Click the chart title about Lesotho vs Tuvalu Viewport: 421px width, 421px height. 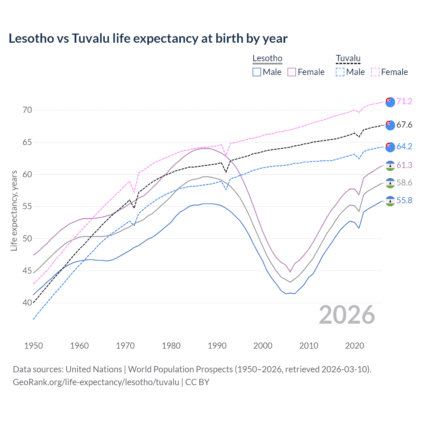pyautogui.click(x=148, y=38)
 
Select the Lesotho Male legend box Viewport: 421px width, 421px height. pyautogui.click(x=257, y=72)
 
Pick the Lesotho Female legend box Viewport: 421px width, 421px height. pyautogui.click(x=292, y=72)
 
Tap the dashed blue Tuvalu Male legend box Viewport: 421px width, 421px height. pyautogui.click(x=340, y=72)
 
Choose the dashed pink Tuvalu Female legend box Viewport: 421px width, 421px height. pyautogui.click(x=375, y=72)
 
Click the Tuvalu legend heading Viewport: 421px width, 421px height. pyautogui.click(x=348, y=58)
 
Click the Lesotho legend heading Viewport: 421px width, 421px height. pyautogui.click(x=267, y=58)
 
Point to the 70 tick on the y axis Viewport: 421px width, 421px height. pyautogui.click(x=27, y=110)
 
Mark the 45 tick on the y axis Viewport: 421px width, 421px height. pyautogui.click(x=27, y=271)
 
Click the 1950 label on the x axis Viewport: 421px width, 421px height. pyautogui.click(x=34, y=346)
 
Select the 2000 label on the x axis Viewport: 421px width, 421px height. pyautogui.click(x=263, y=346)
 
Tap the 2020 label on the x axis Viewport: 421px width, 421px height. pyautogui.click(x=355, y=346)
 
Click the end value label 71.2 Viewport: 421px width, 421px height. pyautogui.click(x=404, y=101)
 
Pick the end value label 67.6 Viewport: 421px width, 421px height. pyautogui.click(x=404, y=125)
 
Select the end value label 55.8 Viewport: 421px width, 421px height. pyautogui.click(x=404, y=200)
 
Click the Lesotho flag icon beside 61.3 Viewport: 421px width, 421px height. pyautogui.click(x=390, y=165)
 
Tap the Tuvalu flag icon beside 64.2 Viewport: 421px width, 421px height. pyautogui.click(x=390, y=147)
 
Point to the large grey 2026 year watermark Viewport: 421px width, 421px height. pyautogui.click(x=347, y=315)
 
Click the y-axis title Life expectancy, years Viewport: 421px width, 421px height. pyautogui.click(x=14, y=210)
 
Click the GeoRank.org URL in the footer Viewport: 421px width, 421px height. pyautogui.click(x=96, y=382)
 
